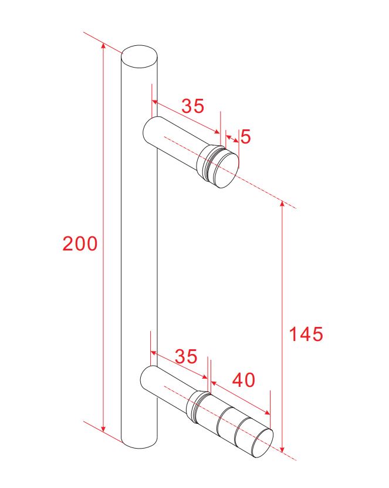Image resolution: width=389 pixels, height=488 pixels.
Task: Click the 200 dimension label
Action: click(80, 243)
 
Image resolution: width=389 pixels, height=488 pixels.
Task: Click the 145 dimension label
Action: click(306, 334)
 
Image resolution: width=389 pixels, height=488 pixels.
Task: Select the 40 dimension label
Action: click(243, 380)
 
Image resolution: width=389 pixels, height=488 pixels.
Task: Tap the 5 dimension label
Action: click(245, 136)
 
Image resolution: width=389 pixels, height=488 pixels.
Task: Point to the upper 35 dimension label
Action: click(193, 106)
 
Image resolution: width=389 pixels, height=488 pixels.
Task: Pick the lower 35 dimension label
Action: click(186, 356)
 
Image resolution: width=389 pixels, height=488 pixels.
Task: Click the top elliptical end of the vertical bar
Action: click(140, 56)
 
